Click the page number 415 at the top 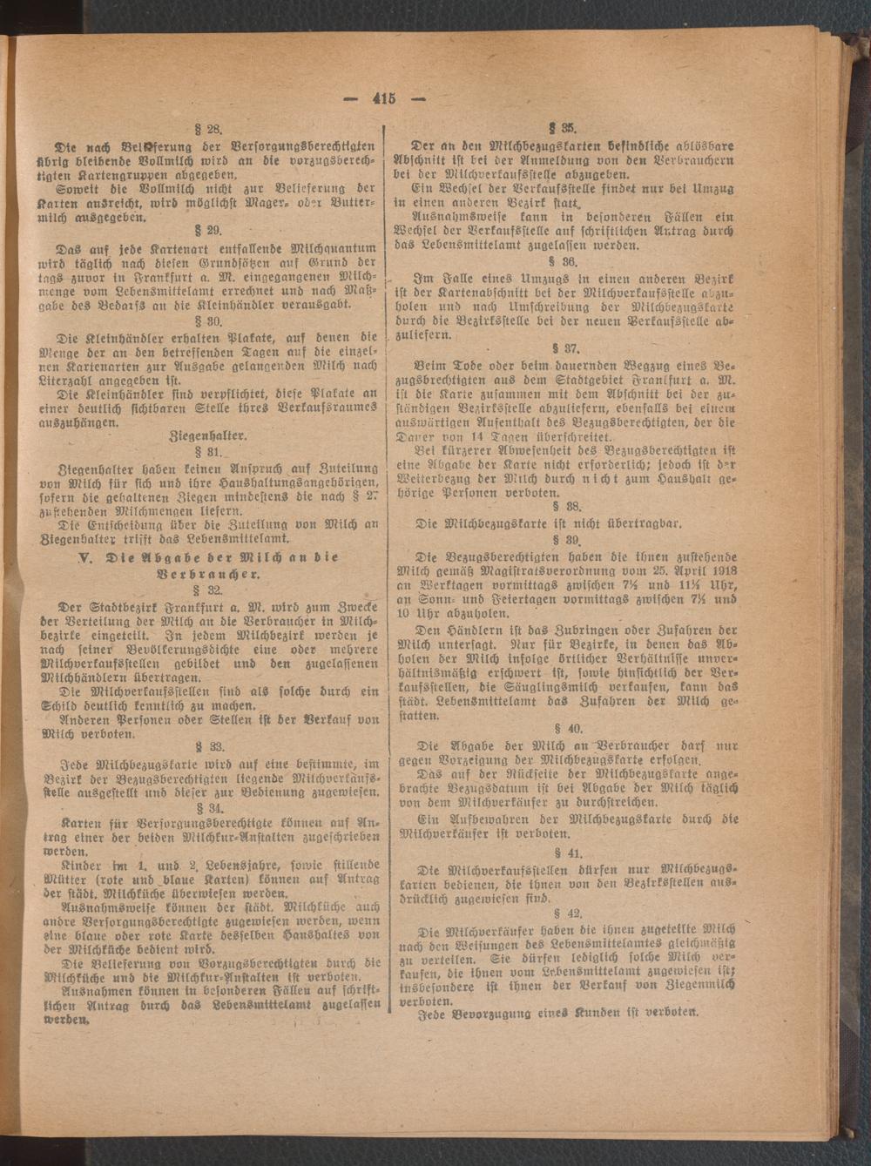(x=384, y=98)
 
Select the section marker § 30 (x=212, y=320)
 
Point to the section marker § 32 (x=212, y=590)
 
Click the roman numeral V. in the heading (x=84, y=557)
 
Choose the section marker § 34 (x=212, y=807)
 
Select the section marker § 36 (x=571, y=260)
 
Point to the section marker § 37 (x=571, y=347)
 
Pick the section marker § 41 (x=571, y=853)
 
